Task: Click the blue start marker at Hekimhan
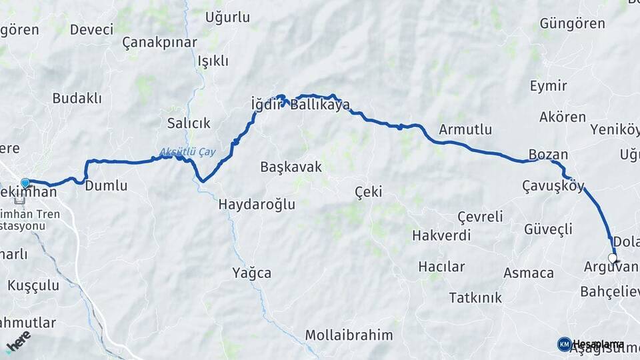[x=25, y=183]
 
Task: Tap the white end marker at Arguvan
[x=613, y=258]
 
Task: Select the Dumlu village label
[x=106, y=185]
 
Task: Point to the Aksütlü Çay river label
[x=188, y=152]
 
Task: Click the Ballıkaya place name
[x=320, y=104]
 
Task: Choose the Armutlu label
[x=465, y=129]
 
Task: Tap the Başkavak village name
[x=291, y=167]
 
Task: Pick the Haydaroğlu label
[x=257, y=205]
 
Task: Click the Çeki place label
[x=369, y=192]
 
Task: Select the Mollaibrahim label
[x=349, y=335]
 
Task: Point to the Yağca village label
[x=252, y=272]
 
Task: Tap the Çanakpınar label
[x=160, y=43]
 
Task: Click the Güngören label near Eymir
[x=573, y=24]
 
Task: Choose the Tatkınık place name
[x=475, y=297]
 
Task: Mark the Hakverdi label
[x=441, y=235]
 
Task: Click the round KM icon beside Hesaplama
[x=564, y=344]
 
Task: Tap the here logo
[x=18, y=341]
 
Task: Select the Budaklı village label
[x=77, y=98]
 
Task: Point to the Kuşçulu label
[x=33, y=285]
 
